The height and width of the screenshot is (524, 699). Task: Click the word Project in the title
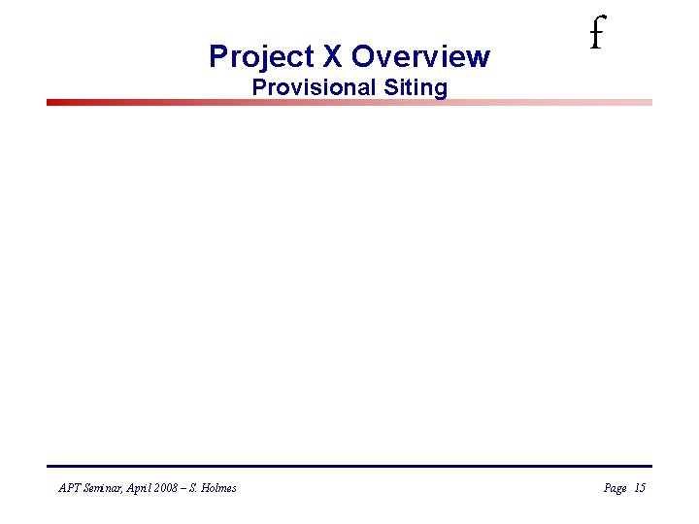(x=255, y=56)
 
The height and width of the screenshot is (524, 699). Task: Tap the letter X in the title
(x=327, y=56)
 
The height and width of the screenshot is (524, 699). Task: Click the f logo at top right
(x=595, y=37)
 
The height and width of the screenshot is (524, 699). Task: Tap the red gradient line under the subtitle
(x=349, y=102)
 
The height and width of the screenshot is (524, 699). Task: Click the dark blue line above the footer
(x=349, y=466)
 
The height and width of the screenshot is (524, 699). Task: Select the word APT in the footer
(x=69, y=488)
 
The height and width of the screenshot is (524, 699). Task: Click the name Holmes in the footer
(x=219, y=488)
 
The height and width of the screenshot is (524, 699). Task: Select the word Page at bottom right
(x=615, y=488)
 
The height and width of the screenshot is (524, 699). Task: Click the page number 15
(x=639, y=488)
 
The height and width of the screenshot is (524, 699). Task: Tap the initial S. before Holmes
(x=198, y=488)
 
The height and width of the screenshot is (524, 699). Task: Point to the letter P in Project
(x=218, y=56)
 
